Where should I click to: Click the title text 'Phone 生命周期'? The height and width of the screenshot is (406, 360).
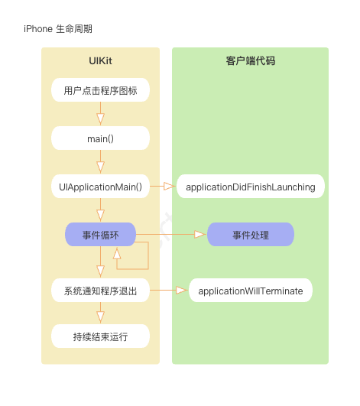[x=60, y=29]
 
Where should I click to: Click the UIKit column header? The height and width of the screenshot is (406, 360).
[x=101, y=61]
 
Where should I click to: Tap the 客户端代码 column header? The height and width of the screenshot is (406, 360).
[x=250, y=61]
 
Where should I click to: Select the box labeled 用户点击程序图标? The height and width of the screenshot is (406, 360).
[x=101, y=90]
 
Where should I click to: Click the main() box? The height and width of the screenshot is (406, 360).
[x=101, y=138]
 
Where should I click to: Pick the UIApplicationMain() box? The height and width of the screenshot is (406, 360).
[x=101, y=187]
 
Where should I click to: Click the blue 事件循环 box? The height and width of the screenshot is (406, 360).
[x=101, y=235]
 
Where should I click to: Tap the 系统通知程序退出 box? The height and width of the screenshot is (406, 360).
[x=101, y=291]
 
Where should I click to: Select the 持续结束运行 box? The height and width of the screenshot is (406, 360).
[x=101, y=336]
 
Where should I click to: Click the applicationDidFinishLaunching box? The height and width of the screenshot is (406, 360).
[x=251, y=187]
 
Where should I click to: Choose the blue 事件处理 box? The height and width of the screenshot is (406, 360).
[x=251, y=235]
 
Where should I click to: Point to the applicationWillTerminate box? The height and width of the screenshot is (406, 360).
[x=251, y=291]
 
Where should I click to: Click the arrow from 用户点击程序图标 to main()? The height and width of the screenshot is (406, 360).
[x=101, y=115]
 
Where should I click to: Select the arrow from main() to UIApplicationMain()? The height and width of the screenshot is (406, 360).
[x=101, y=163]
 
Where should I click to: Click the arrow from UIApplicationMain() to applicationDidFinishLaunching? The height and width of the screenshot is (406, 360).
[x=164, y=187]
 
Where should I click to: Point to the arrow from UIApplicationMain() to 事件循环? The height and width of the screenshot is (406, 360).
[x=101, y=211]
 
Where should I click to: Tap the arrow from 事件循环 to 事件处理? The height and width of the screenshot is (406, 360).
[x=171, y=235]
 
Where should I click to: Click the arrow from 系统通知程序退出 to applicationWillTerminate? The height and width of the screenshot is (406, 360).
[x=169, y=291]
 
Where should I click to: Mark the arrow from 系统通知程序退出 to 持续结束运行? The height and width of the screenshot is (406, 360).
[x=101, y=313]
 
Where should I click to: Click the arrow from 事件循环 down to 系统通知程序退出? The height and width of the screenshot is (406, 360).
[x=101, y=263]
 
